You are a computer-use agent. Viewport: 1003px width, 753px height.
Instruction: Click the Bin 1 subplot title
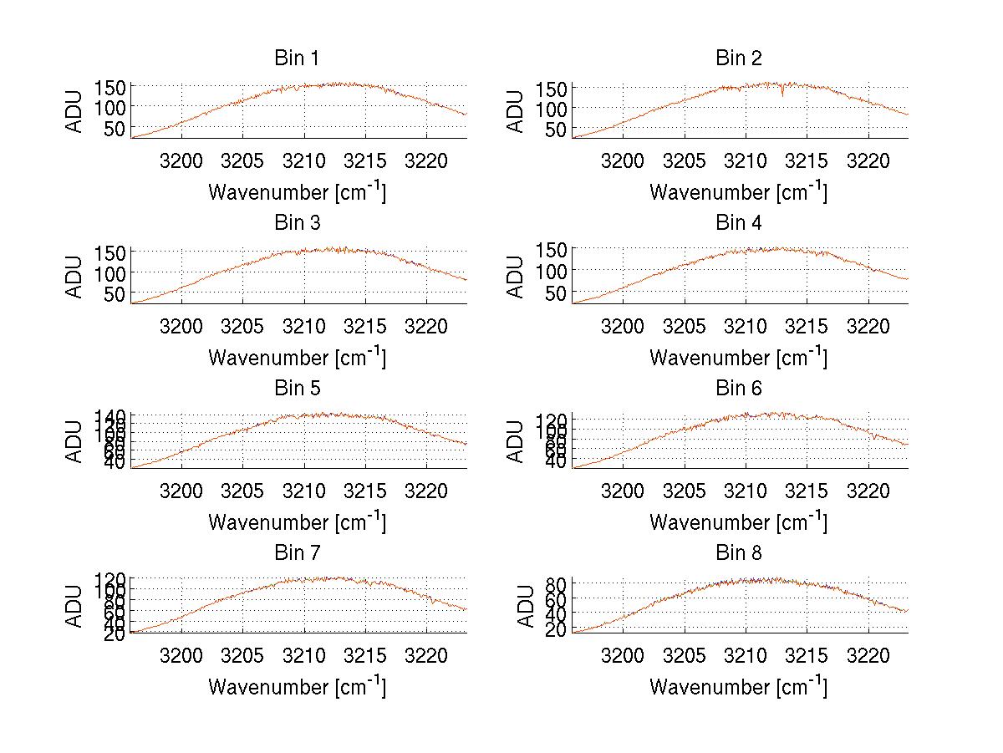(x=297, y=58)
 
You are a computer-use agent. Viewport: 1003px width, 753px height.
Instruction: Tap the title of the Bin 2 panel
(x=739, y=58)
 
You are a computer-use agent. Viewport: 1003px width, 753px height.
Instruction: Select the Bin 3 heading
(x=297, y=222)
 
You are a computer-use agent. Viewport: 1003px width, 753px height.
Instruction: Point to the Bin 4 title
(x=739, y=222)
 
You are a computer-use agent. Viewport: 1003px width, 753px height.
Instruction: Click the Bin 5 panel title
(x=297, y=388)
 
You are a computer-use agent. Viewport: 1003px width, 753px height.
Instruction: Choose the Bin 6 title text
(x=739, y=388)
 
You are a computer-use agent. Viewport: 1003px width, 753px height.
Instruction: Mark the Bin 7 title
(x=297, y=552)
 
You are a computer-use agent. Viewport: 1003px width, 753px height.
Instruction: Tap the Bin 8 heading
(x=739, y=552)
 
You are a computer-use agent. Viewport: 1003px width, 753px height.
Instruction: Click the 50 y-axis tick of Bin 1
(x=115, y=128)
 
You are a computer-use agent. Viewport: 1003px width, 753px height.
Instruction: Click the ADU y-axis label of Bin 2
(x=516, y=111)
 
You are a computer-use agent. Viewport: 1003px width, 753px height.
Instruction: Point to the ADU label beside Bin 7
(x=74, y=606)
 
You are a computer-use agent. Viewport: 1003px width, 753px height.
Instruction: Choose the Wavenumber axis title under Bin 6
(x=739, y=522)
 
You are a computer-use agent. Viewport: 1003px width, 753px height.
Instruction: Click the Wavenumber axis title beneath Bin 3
(x=297, y=357)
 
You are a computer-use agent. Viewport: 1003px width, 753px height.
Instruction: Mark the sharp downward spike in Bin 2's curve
(x=782, y=94)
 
